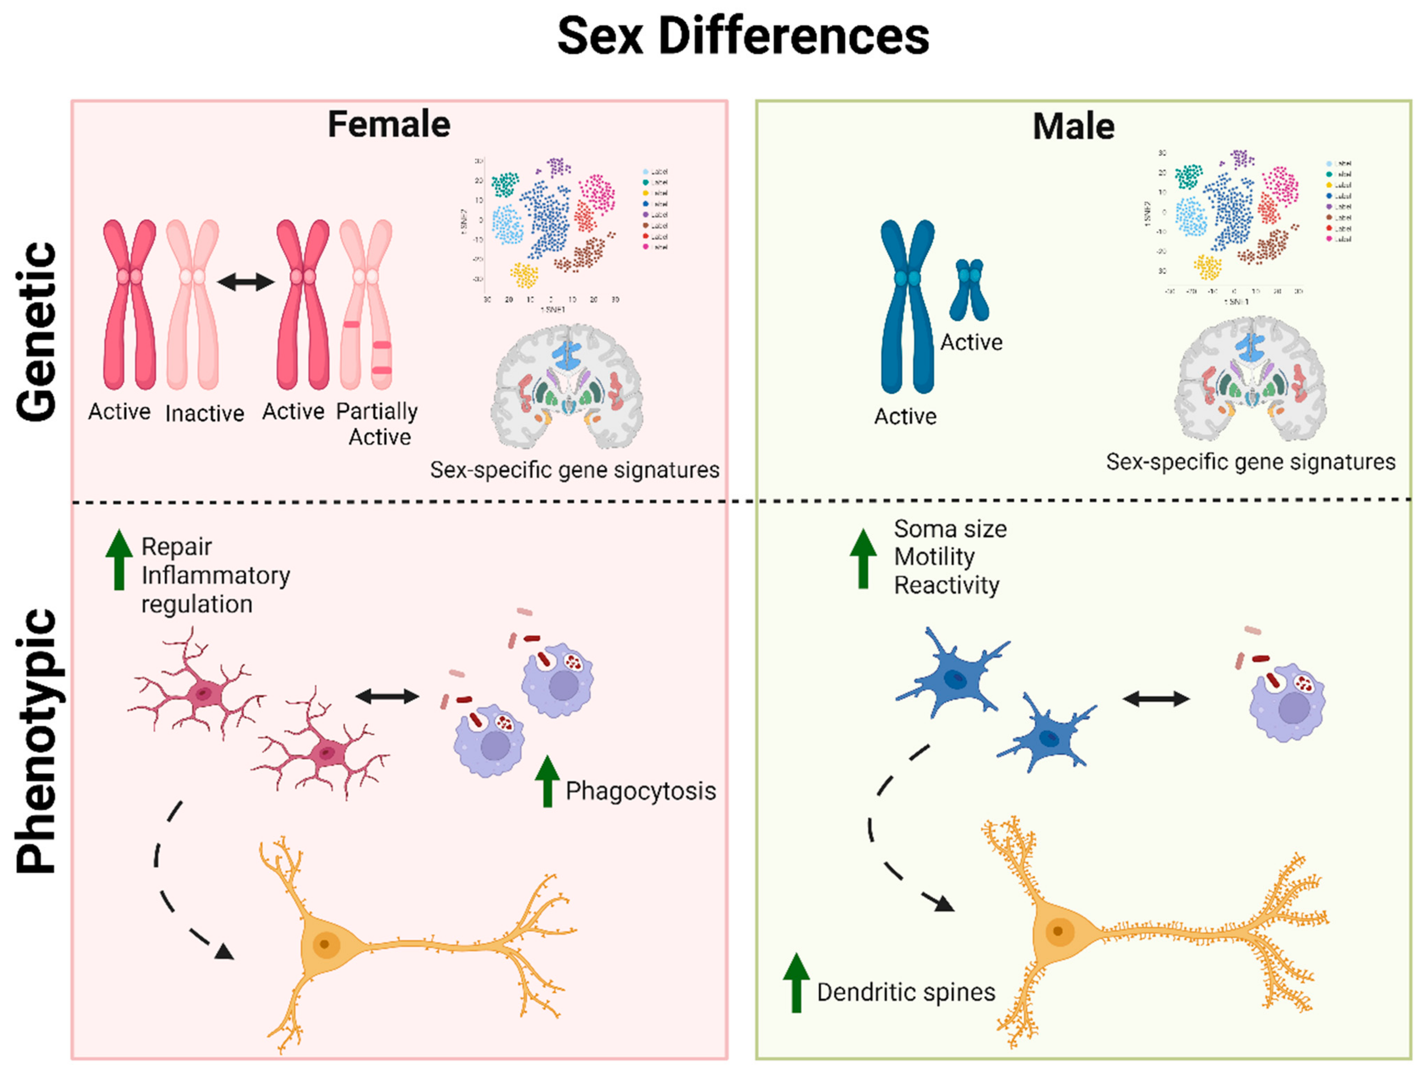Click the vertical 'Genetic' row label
[x=37, y=332]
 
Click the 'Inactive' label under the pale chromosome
[x=204, y=413]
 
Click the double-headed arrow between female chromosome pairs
[x=246, y=282]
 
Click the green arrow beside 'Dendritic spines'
[x=796, y=982]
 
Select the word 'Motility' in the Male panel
[x=934, y=556]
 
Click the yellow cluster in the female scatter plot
[x=524, y=275]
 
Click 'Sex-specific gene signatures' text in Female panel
[x=575, y=470]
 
